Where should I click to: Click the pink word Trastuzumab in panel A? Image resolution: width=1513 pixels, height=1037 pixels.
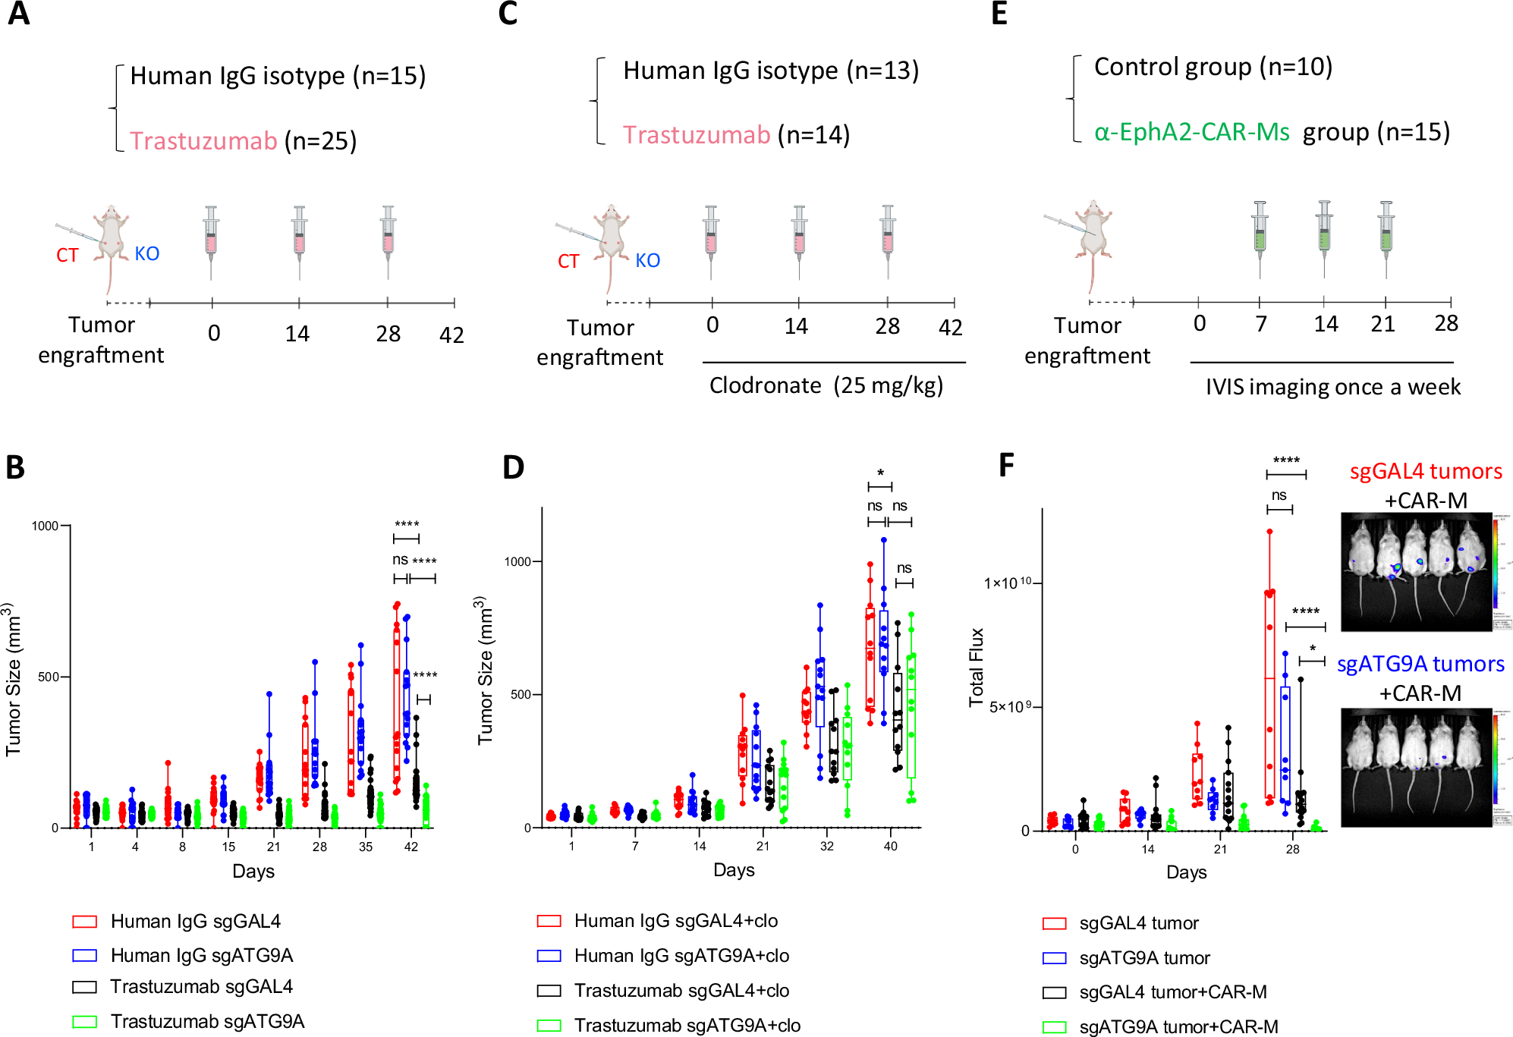click(203, 141)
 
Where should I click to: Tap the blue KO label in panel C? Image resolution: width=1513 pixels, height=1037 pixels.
click(647, 261)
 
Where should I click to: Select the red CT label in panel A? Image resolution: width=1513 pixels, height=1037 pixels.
click(67, 256)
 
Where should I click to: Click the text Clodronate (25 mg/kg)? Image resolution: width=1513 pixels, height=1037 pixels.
click(826, 385)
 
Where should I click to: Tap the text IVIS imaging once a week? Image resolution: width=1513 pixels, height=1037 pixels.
click(1332, 387)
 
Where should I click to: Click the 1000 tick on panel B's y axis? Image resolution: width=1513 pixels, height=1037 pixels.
click(45, 526)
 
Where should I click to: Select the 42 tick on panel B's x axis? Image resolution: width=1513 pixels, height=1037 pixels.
click(410, 847)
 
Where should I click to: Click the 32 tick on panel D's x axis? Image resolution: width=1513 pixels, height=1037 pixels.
click(826, 846)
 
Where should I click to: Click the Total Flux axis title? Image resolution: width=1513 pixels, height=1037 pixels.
click(977, 668)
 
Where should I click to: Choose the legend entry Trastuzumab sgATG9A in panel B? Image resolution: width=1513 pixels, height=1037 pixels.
click(207, 1021)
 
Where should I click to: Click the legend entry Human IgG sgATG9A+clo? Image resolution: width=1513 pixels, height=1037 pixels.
click(681, 956)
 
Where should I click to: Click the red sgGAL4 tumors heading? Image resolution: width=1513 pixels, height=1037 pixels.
click(1425, 471)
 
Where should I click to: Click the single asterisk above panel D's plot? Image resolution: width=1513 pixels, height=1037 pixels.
click(880, 473)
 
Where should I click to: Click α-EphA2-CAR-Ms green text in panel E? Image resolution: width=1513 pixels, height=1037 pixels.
click(1191, 133)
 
